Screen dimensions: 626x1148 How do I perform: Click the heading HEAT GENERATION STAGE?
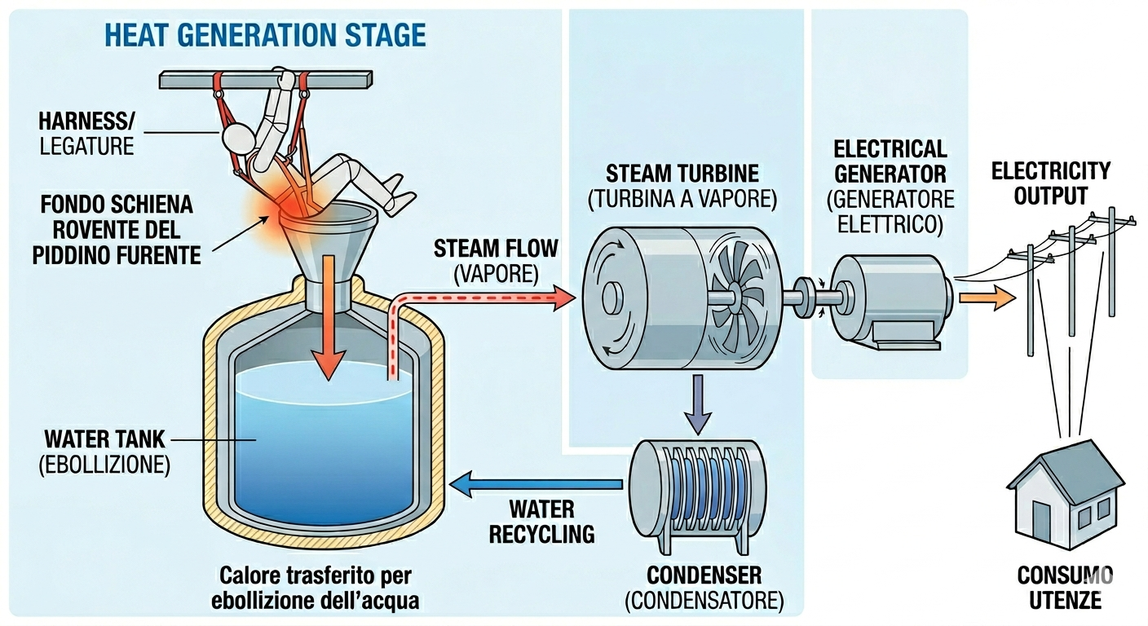(266, 36)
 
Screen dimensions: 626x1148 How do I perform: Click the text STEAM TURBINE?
(682, 174)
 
